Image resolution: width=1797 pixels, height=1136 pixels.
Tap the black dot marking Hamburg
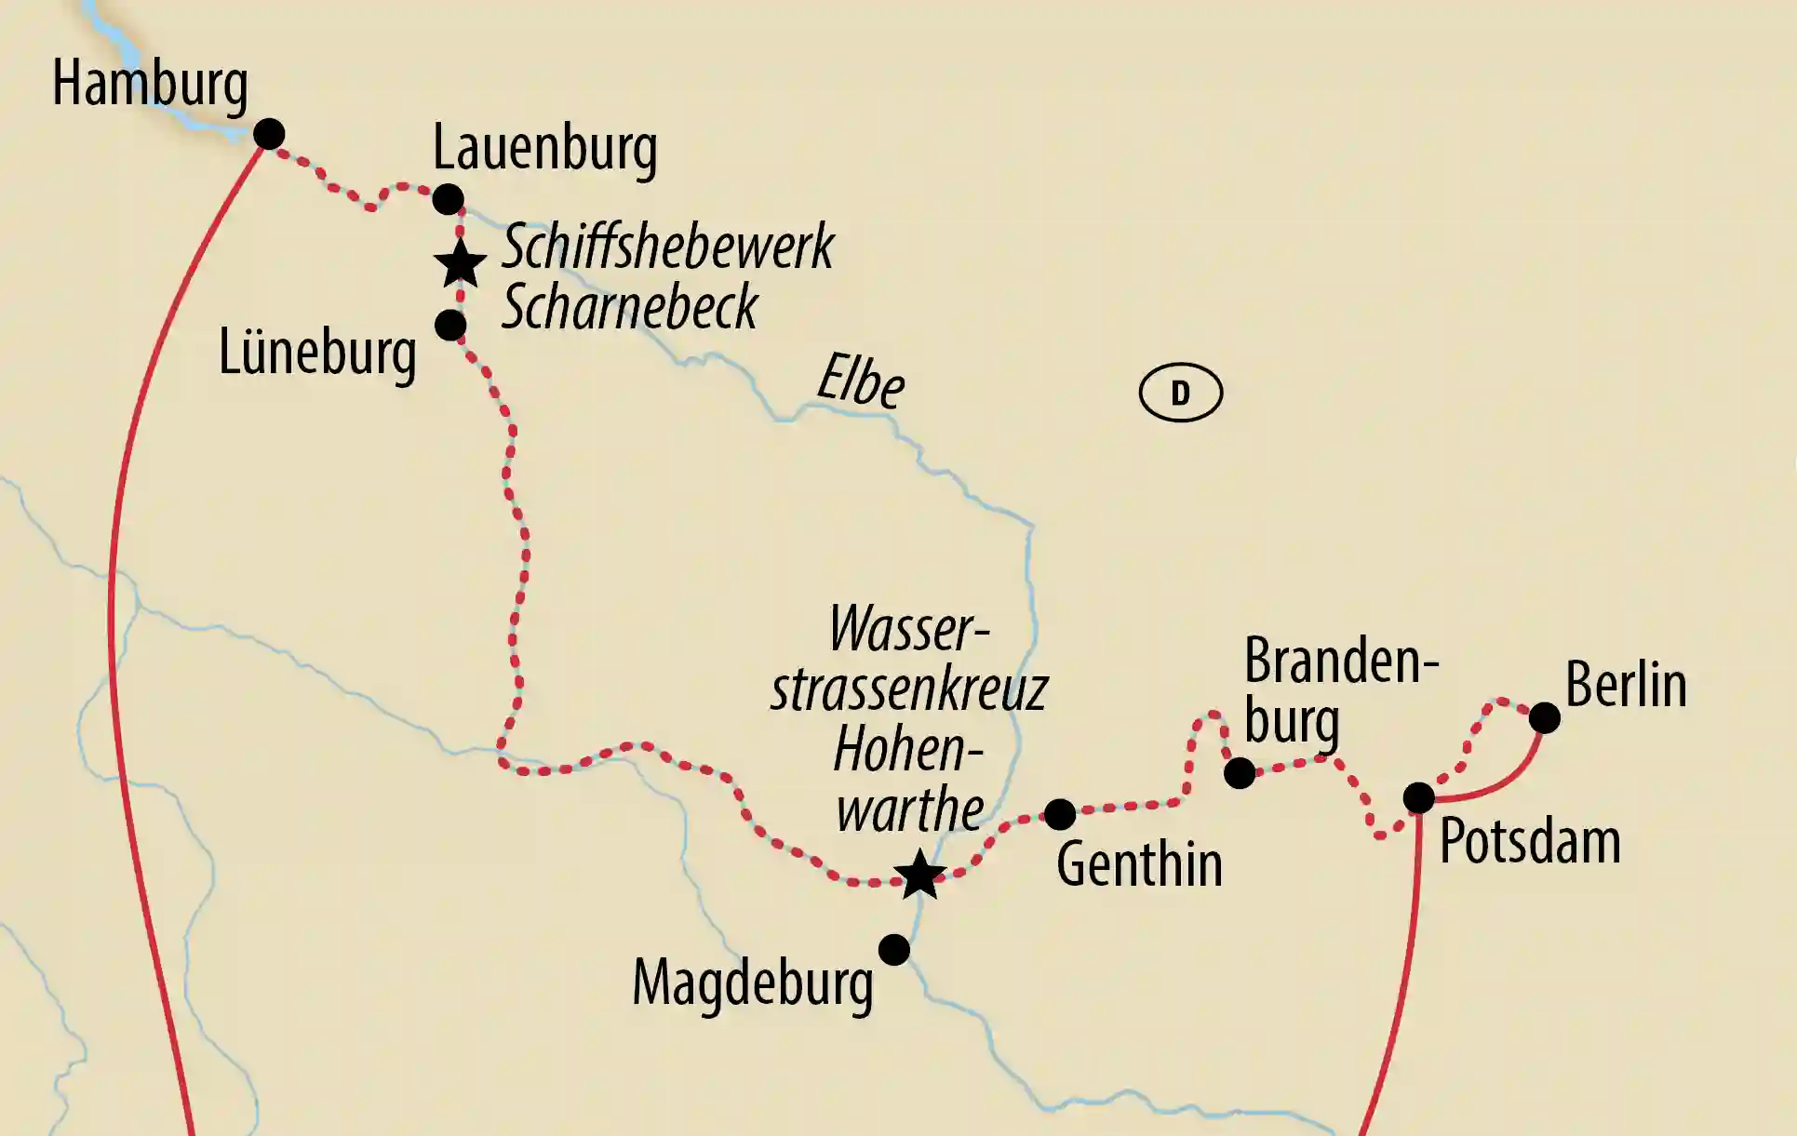[269, 134]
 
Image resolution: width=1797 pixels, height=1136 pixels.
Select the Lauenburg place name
[544, 149]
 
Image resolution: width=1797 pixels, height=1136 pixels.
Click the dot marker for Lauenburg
[448, 199]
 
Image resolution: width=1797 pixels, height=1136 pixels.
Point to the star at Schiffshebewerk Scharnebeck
[461, 264]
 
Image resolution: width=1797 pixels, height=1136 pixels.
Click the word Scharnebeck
[630, 307]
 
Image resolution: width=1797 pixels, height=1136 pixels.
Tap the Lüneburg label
[316, 354]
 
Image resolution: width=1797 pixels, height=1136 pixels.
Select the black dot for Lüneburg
[450, 326]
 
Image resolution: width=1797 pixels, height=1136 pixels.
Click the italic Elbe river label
[860, 381]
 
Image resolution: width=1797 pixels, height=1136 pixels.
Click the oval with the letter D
[1180, 393]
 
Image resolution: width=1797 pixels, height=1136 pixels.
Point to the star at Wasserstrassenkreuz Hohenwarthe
[919, 875]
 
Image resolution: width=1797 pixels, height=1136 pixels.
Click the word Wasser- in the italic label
[908, 630]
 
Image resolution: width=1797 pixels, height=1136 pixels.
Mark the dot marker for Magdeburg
[894, 950]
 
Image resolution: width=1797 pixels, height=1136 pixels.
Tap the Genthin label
[1139, 865]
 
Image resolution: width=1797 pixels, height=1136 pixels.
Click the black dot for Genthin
[1060, 814]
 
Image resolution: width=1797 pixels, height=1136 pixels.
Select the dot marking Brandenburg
[1240, 773]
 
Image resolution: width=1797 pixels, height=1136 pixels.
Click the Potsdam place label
[1530, 843]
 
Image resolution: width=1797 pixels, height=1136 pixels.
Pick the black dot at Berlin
[1545, 717]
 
